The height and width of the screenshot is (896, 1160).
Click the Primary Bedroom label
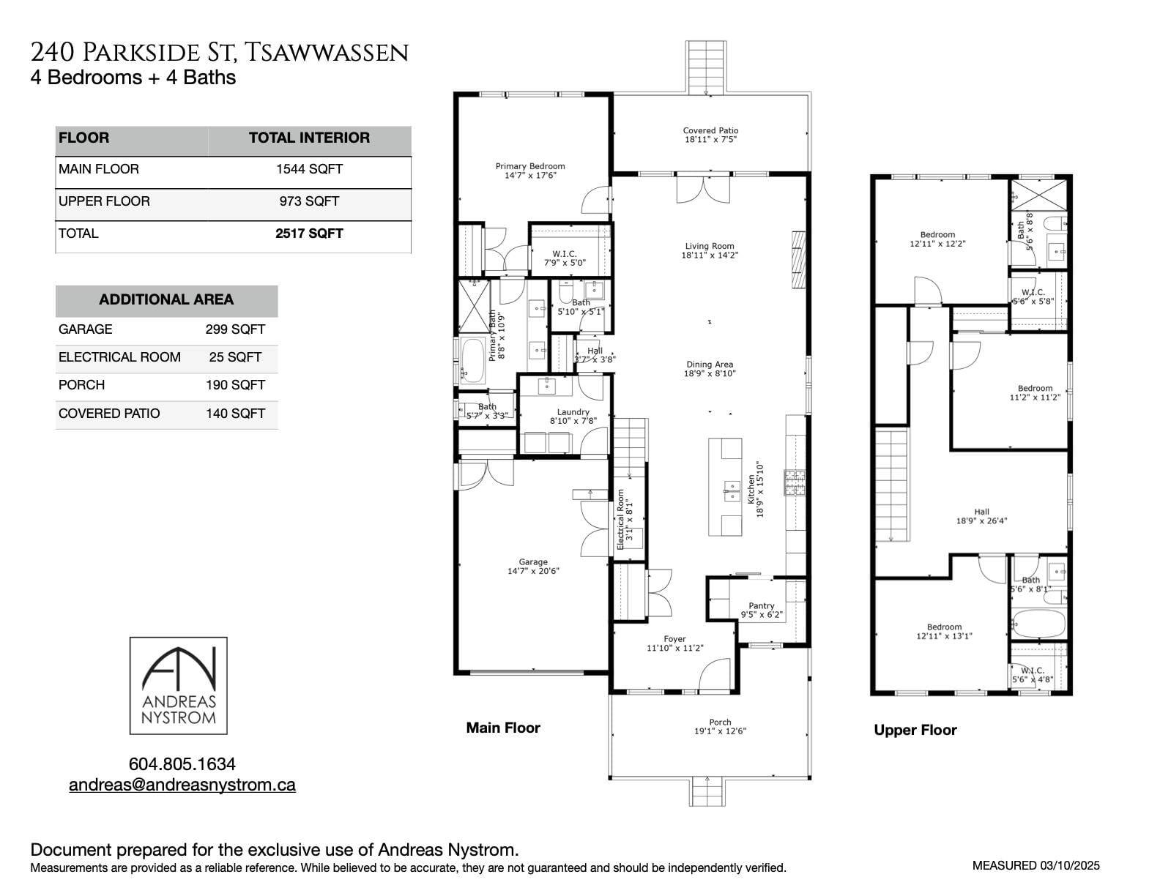pyautogui.click(x=529, y=166)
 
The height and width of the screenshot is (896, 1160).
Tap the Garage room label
pyautogui.click(x=532, y=562)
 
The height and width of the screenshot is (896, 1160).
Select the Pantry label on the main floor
pyautogui.click(x=761, y=605)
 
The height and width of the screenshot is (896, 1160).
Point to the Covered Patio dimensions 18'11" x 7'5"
pyautogui.click(x=710, y=140)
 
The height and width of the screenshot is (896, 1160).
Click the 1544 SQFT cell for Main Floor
pyautogui.click(x=309, y=169)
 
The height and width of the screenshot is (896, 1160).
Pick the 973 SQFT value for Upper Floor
pyautogui.click(x=309, y=201)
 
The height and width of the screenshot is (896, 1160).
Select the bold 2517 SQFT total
pyautogui.click(x=309, y=234)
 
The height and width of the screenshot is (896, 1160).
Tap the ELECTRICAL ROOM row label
pyautogui.click(x=119, y=357)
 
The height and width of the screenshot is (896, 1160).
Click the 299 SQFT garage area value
pyautogui.click(x=235, y=329)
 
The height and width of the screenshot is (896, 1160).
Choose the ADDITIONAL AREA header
pyautogui.click(x=166, y=299)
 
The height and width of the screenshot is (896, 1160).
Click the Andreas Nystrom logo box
pyautogui.click(x=178, y=685)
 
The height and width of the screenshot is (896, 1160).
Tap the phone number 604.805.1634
pyautogui.click(x=182, y=764)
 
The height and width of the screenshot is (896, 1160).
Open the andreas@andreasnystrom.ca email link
pyautogui.click(x=182, y=785)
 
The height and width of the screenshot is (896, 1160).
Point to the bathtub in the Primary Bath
pyautogui.click(x=472, y=360)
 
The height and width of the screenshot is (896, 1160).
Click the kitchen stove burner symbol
pyautogui.click(x=795, y=482)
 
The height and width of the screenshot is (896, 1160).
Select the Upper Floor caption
pyautogui.click(x=915, y=730)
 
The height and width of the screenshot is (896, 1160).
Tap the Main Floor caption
pyautogui.click(x=503, y=728)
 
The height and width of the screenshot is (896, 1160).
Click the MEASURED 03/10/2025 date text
pyautogui.click(x=1036, y=865)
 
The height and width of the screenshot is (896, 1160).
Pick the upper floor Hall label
pyautogui.click(x=981, y=512)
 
